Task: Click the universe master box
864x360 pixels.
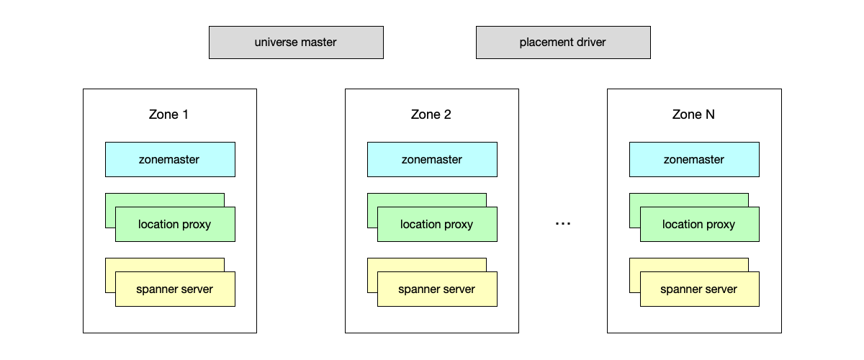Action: coord(296,42)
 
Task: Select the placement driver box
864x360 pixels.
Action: coord(563,42)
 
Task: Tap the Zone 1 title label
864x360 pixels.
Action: coord(169,114)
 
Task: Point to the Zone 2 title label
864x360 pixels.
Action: coord(431,114)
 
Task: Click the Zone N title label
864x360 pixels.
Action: coord(693,114)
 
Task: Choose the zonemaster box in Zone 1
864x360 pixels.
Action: coord(170,159)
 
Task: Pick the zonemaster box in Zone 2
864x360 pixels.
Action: coord(432,159)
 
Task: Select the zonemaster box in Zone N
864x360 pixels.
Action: coord(694,159)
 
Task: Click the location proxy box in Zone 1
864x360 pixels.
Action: coord(175,224)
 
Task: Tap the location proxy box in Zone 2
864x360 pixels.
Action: coord(437,224)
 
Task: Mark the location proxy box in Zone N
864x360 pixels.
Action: coord(699,224)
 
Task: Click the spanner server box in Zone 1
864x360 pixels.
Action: coord(175,289)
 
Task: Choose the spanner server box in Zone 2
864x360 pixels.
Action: coord(437,289)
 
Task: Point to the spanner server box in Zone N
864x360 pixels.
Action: coord(699,289)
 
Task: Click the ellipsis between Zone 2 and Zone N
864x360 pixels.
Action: coord(563,224)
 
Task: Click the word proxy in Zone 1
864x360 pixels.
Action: coord(197,224)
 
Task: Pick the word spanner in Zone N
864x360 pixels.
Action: coord(680,289)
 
